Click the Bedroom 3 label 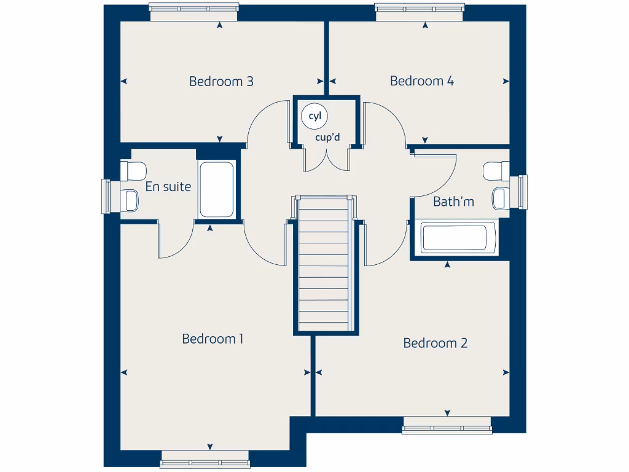pos(221,81)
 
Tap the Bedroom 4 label pos(422,81)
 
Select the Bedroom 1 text pos(213,339)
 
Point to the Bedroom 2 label pos(435,343)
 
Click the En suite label pos(168,187)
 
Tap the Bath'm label pos(453,202)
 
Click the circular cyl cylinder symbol pos(314,116)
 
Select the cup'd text pos(327,137)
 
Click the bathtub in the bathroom pos(454,238)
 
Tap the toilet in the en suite pos(133,170)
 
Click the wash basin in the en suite pos(130,199)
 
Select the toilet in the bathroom pos(496,171)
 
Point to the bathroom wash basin pos(499,197)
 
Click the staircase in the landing pos(326,264)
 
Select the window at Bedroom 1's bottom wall pos(205,460)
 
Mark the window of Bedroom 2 pos(447,426)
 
